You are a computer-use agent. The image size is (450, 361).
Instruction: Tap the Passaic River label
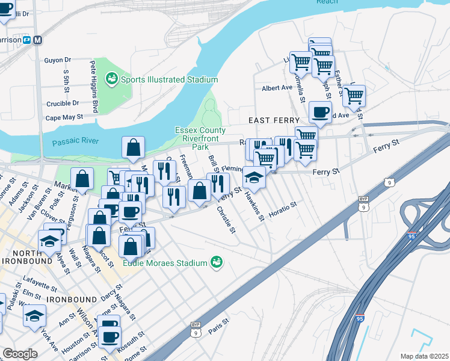75,142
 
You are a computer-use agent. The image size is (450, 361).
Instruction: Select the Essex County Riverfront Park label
200,138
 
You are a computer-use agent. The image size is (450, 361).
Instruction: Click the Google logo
20,354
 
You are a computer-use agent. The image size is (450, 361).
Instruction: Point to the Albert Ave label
277,88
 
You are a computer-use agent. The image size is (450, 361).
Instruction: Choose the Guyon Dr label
58,60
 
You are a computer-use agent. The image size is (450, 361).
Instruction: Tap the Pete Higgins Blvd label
94,86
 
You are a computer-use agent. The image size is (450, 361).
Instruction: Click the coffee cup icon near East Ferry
320,111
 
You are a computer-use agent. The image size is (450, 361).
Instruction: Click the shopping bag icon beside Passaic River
133,147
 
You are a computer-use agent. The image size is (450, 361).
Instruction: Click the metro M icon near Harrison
39,40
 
